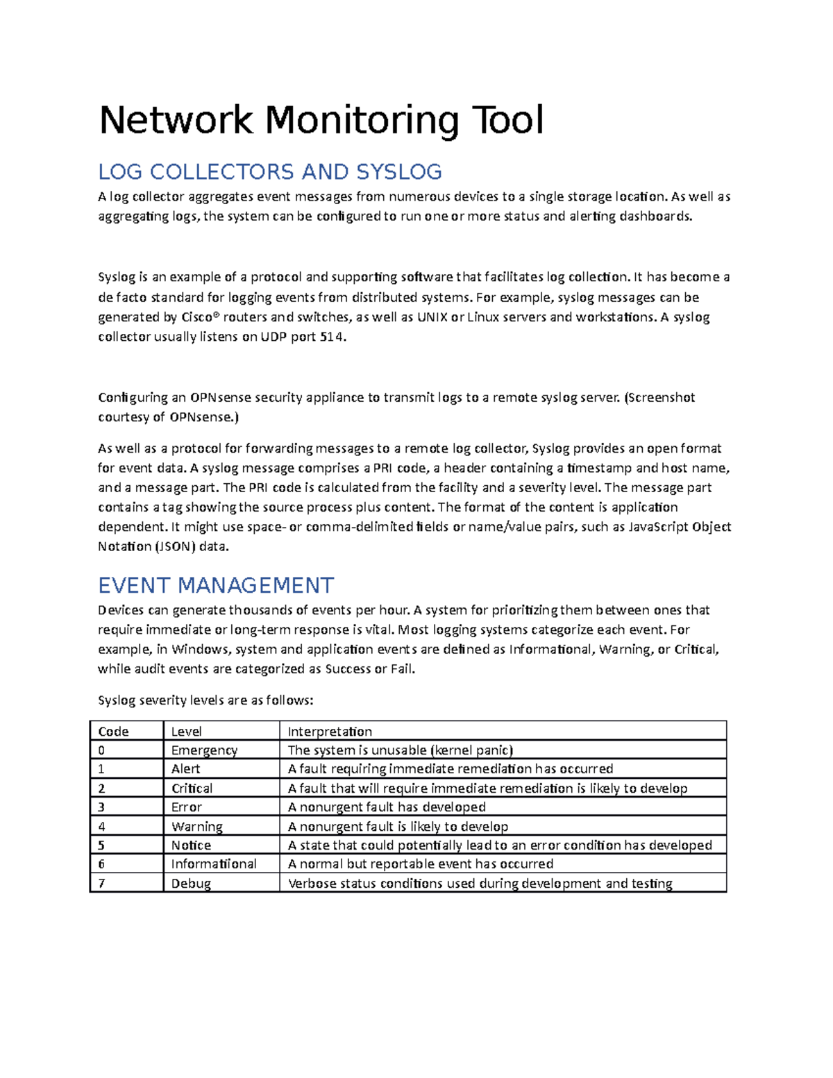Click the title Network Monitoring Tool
(x=321, y=120)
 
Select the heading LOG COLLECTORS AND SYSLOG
(x=270, y=171)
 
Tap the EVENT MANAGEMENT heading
(x=216, y=585)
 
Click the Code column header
(x=114, y=731)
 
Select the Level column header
(x=186, y=731)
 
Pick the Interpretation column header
(x=330, y=731)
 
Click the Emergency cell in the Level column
(x=204, y=750)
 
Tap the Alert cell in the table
(x=185, y=769)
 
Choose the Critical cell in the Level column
(x=192, y=789)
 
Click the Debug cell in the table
(x=191, y=884)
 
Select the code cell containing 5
(x=101, y=845)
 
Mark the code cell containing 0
(x=101, y=750)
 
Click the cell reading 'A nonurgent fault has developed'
(x=387, y=807)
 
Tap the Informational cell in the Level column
(x=214, y=864)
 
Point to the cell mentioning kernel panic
(x=401, y=750)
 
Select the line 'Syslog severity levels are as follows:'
(x=205, y=700)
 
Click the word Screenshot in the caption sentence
(x=662, y=398)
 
